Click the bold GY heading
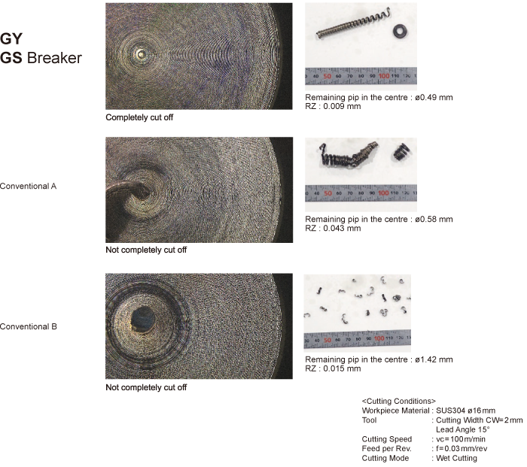(x=11, y=39)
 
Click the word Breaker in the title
(x=54, y=58)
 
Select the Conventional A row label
(x=29, y=186)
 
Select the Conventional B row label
(x=29, y=326)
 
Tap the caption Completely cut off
(x=139, y=117)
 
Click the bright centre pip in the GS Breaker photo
(x=141, y=54)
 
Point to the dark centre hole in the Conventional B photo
(x=142, y=318)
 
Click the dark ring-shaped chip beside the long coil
(x=401, y=32)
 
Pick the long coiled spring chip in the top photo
(x=353, y=23)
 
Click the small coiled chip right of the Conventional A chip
(x=401, y=152)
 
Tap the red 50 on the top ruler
(x=327, y=76)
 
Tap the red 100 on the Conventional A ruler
(x=383, y=193)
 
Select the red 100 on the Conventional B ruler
(x=379, y=338)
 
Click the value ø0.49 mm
(x=434, y=97)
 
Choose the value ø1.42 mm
(x=434, y=359)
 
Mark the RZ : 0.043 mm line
(x=333, y=229)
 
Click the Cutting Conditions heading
(x=398, y=401)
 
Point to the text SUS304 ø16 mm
(x=465, y=411)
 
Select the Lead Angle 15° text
(x=462, y=429)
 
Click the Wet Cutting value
(x=456, y=458)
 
